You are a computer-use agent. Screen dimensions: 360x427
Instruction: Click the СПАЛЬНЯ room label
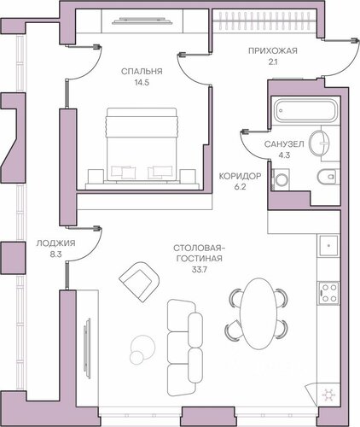(142, 71)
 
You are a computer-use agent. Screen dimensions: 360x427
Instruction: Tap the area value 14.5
(142, 83)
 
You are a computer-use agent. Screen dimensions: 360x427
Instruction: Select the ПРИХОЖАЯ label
(273, 51)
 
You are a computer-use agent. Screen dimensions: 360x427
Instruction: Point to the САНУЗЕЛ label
(284, 144)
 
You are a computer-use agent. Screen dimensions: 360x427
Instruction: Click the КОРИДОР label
(240, 176)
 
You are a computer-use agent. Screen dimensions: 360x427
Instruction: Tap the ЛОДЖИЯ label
(55, 243)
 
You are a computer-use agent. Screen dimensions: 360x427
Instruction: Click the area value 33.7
(199, 269)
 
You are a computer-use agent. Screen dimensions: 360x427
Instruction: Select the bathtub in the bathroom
(306, 110)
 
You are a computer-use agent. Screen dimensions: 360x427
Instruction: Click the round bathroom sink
(319, 143)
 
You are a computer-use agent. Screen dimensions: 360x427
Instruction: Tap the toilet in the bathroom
(328, 177)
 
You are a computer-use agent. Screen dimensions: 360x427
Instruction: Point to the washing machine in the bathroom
(281, 179)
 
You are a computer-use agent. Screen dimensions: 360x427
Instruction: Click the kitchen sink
(328, 246)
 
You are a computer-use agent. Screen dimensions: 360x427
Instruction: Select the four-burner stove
(328, 292)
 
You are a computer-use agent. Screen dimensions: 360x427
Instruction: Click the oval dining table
(258, 313)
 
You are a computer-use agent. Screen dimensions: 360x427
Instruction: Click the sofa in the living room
(185, 348)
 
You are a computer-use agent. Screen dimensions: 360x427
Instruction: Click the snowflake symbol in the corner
(328, 395)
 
